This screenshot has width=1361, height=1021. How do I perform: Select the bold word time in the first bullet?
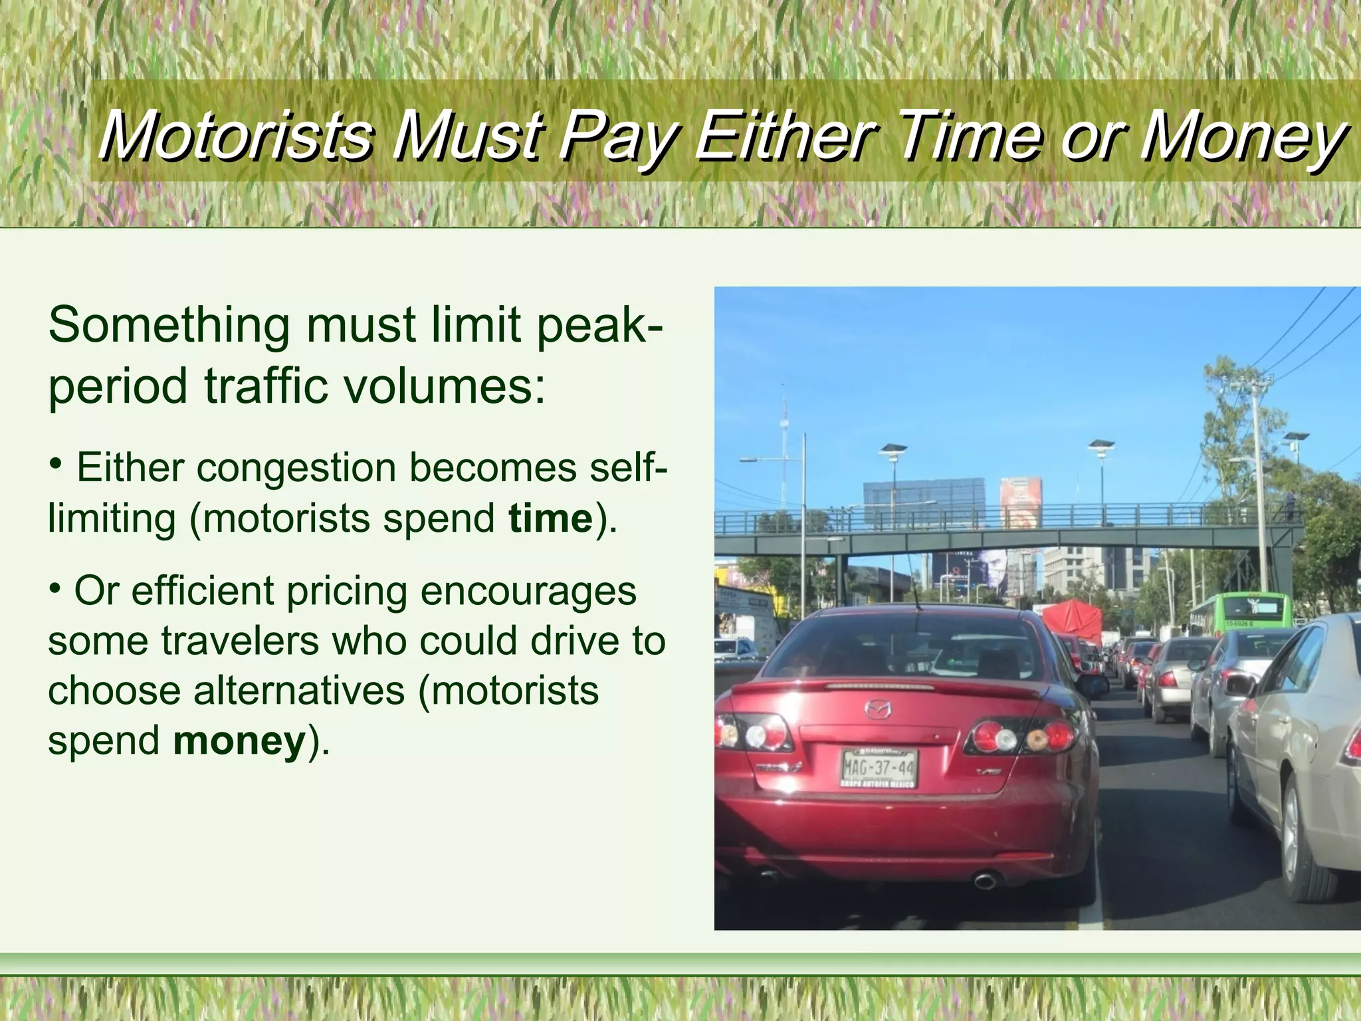[550, 518]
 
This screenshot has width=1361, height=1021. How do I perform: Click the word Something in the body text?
[169, 326]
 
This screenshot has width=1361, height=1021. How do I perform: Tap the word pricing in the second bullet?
[346, 591]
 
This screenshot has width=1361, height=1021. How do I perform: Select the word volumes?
[439, 387]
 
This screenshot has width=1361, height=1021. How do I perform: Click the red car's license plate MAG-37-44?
[879, 767]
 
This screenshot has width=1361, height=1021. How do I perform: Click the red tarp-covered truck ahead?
[1072, 619]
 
